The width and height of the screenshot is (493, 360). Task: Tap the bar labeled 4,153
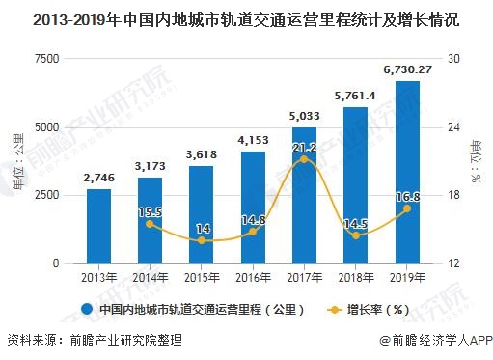[x=253, y=207]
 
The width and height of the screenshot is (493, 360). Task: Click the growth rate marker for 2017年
[x=305, y=158]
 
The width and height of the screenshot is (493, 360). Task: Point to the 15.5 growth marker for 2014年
[x=151, y=224]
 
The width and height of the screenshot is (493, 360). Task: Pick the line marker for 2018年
[x=356, y=235]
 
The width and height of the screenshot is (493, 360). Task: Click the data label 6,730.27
[x=408, y=69]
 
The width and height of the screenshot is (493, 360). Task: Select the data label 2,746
[x=98, y=178]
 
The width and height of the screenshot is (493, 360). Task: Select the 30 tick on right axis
[x=452, y=59]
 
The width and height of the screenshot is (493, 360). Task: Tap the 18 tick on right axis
[x=452, y=195]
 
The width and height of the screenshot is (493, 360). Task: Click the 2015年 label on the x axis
[x=202, y=278]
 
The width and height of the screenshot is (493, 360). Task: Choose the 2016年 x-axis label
[x=253, y=278]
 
